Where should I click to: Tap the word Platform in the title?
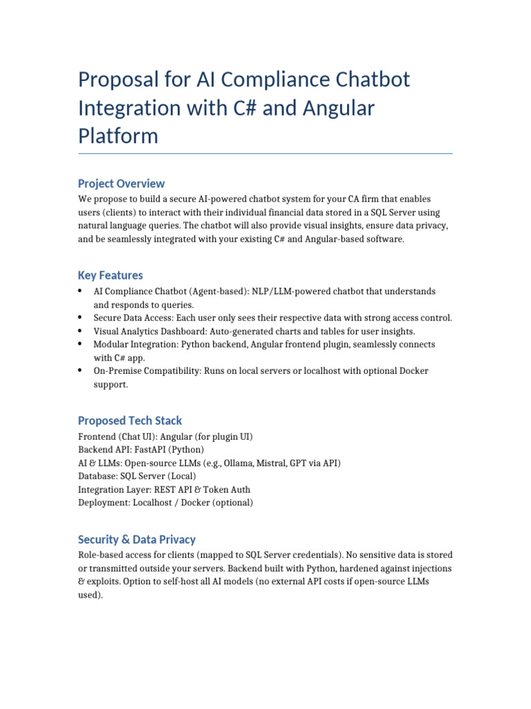(x=118, y=136)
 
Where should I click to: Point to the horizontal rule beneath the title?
(x=265, y=153)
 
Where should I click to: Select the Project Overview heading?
(x=121, y=183)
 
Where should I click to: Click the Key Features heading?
(x=111, y=275)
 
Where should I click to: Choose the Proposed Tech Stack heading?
(x=130, y=420)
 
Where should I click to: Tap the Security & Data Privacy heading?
(x=137, y=539)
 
